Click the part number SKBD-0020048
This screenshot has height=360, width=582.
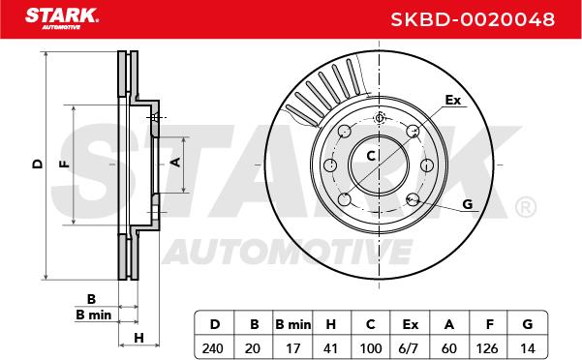(473, 19)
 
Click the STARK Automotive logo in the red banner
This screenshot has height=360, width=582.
(62, 18)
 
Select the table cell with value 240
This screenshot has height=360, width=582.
(213, 348)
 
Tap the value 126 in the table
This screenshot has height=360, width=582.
(487, 348)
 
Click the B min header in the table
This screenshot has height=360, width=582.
(292, 324)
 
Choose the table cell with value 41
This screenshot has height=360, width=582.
(330, 348)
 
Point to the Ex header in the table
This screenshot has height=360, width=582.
(411, 324)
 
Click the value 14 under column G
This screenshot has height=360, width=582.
(527, 348)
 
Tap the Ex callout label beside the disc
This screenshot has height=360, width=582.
(453, 100)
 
